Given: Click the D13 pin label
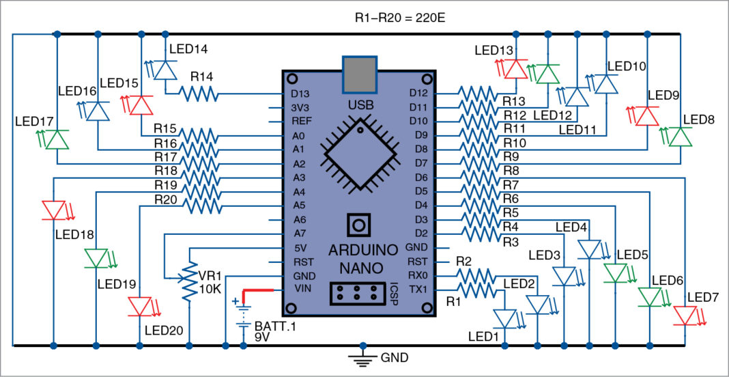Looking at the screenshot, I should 300,94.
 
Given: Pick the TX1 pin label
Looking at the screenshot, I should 416,290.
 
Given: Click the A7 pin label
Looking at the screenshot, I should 298,234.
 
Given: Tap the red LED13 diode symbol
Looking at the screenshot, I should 517,68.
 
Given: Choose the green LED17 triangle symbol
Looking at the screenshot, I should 57,139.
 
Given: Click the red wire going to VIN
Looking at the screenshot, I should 259,291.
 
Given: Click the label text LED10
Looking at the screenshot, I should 626,66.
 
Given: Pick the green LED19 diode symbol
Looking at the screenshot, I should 97,258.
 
